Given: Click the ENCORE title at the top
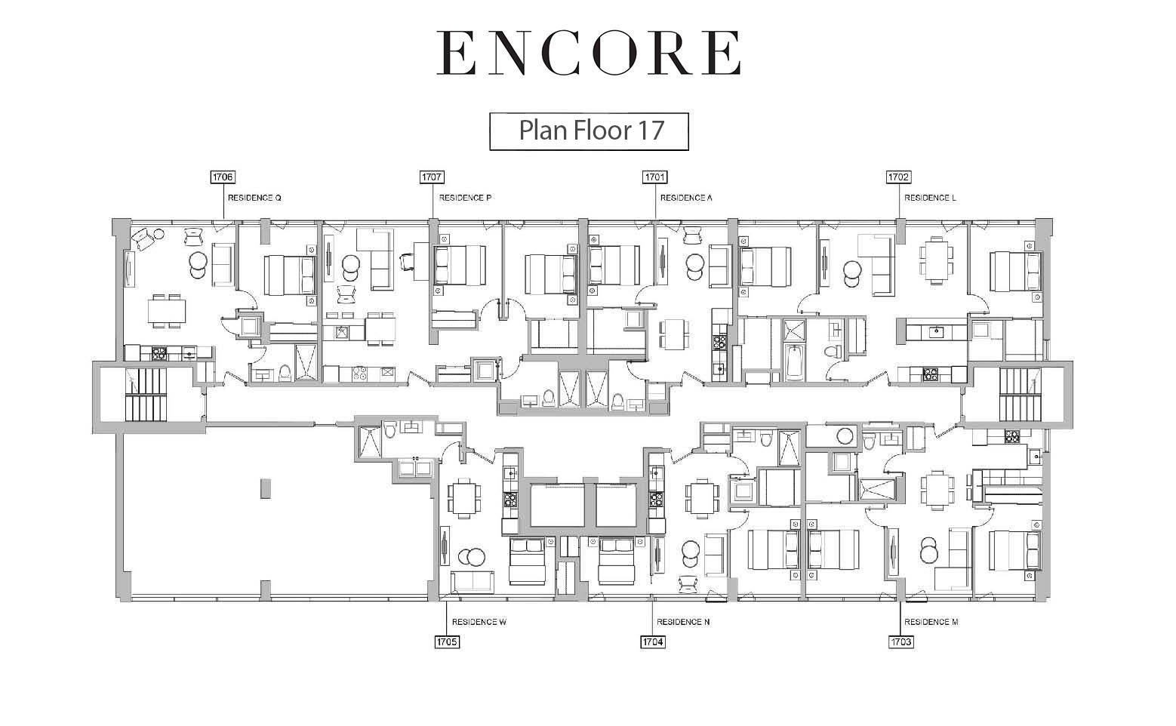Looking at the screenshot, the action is (589, 53).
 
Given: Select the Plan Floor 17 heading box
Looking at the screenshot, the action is (589, 131).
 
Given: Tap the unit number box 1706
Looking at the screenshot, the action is (222, 177).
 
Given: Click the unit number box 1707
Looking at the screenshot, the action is (432, 177).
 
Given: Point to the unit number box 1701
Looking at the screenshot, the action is (654, 177).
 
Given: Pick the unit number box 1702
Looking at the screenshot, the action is (898, 177).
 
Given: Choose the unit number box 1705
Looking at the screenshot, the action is (448, 641).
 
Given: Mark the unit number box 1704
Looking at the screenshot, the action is (653, 641).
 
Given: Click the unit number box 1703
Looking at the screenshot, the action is (901, 641).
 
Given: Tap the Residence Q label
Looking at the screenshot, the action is (254, 198).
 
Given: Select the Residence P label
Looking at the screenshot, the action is (465, 198).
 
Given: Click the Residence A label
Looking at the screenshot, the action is (686, 198).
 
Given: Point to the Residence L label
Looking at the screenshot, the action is (930, 198).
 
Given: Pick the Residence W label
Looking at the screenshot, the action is (479, 622).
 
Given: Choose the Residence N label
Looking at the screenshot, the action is (683, 622).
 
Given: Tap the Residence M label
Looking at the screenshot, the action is (931, 622).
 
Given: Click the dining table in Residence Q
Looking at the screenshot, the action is (167, 311).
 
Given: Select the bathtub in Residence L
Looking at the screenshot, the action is (793, 362).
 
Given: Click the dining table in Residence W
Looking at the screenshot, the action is (463, 497).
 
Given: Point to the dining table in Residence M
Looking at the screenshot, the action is (937, 490).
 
